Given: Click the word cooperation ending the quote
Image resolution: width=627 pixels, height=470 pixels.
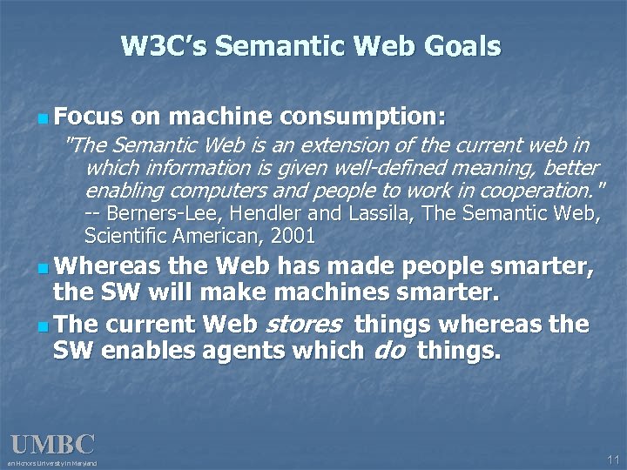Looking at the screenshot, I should pos(539,190).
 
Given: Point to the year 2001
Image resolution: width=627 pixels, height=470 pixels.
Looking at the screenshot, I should pos(293,236).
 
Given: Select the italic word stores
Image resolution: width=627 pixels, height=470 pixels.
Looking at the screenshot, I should pos(300,326).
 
